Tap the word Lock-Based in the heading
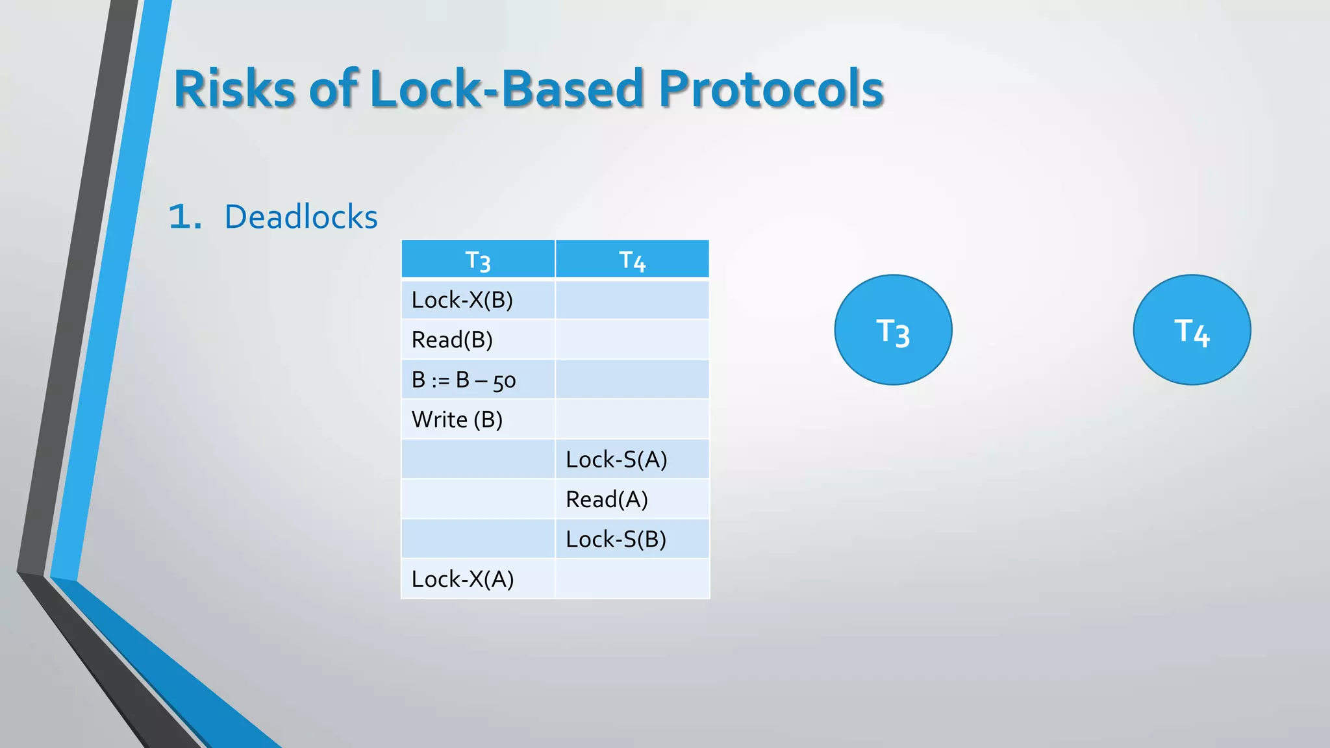point(507,89)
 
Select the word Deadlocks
point(301,217)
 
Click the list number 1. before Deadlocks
point(184,217)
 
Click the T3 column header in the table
point(478,260)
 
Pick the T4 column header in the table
point(632,260)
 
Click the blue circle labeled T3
point(893,330)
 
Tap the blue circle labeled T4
point(1192,330)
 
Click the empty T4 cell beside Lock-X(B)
point(632,300)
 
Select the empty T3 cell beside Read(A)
point(478,499)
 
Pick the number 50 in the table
point(505,381)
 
